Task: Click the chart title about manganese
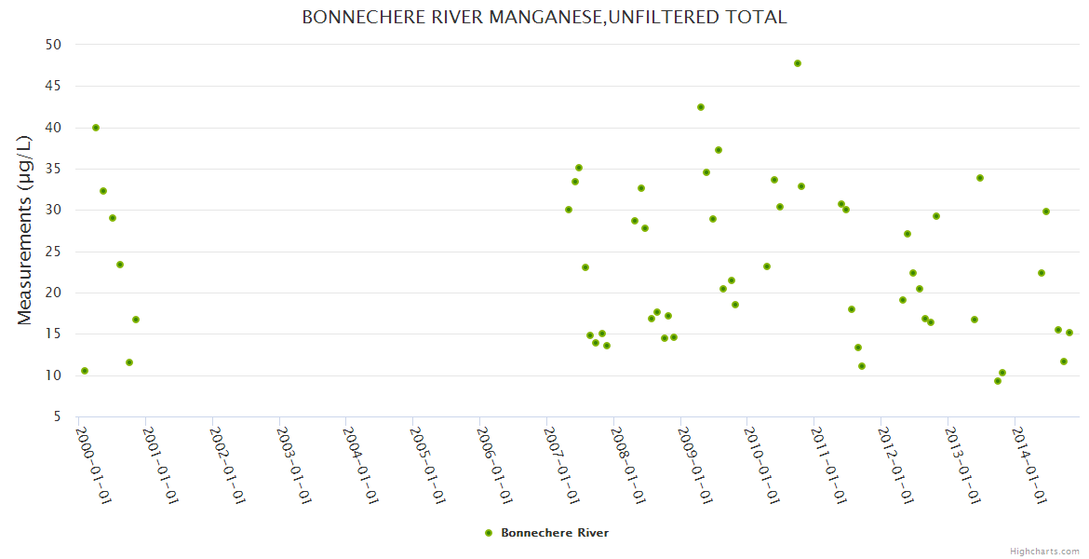(x=544, y=18)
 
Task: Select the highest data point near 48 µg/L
(x=798, y=63)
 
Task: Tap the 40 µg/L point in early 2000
(x=96, y=128)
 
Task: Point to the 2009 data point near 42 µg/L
(x=701, y=107)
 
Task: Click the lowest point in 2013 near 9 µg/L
(x=998, y=381)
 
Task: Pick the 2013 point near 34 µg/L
(x=980, y=178)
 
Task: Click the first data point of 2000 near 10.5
(x=85, y=371)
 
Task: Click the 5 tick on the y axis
(x=57, y=417)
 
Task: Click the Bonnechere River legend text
(x=555, y=533)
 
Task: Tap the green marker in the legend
(x=489, y=533)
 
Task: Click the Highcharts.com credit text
(x=1044, y=551)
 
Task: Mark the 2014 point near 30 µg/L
(x=1046, y=211)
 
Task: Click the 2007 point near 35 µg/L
(x=579, y=168)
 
